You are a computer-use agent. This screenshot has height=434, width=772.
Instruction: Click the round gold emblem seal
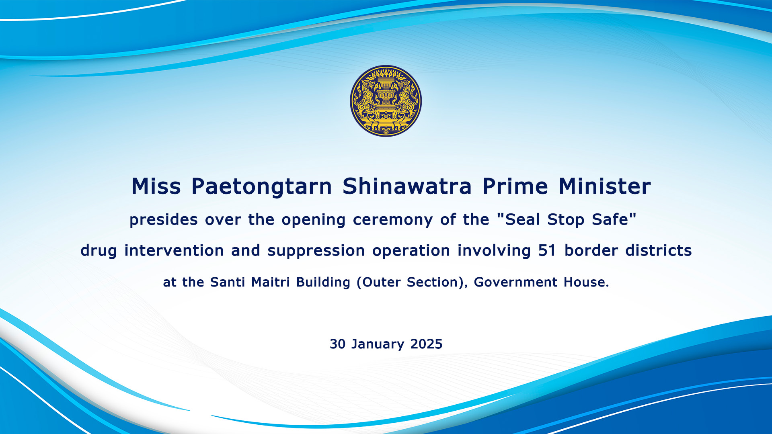[x=386, y=101]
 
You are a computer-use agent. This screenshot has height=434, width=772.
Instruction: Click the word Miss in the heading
[x=156, y=186]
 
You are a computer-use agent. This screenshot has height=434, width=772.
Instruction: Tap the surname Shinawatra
[x=407, y=186]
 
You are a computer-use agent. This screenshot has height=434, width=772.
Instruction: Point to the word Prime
[x=515, y=186]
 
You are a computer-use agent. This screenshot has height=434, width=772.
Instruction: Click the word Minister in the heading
[x=605, y=186]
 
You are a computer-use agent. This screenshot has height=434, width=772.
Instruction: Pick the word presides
[x=164, y=220]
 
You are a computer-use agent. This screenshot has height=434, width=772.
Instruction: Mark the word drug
[x=99, y=251]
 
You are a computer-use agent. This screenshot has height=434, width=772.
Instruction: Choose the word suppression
[x=316, y=251]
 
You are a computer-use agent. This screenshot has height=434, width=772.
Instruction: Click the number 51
[x=547, y=251]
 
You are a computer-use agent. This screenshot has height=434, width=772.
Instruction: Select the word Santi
[x=228, y=282]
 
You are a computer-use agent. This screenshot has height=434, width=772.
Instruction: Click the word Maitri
[x=270, y=282]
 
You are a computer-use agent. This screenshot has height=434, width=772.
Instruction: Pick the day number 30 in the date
[x=337, y=344]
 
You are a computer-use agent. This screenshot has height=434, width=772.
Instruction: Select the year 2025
[x=426, y=344]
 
